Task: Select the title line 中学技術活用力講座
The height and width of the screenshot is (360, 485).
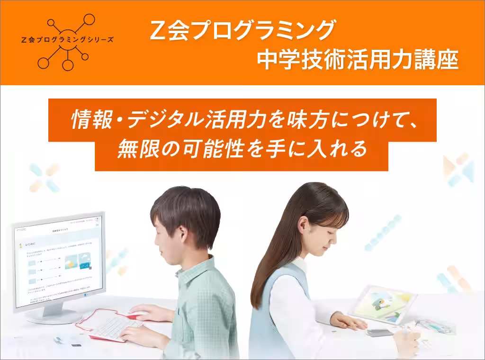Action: tap(358, 60)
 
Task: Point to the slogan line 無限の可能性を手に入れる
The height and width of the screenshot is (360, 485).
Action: tap(242, 150)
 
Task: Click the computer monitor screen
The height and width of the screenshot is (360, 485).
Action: tap(59, 263)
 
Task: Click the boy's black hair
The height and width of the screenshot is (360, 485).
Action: tap(187, 208)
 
